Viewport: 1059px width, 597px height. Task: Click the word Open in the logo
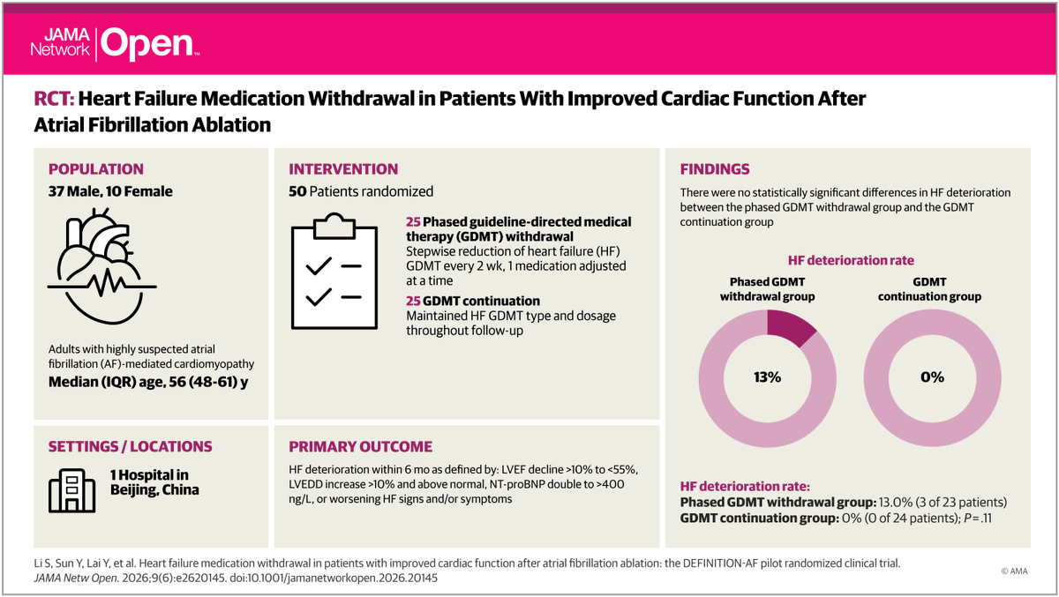coord(147,44)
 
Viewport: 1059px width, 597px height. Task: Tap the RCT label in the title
coord(54,99)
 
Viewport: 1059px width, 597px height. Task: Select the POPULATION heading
coord(96,169)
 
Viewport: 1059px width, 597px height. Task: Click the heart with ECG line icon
coord(102,266)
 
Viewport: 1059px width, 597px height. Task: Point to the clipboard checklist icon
coord(334,271)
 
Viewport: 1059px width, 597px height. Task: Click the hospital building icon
coord(71,490)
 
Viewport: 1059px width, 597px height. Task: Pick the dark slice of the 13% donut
coord(789,327)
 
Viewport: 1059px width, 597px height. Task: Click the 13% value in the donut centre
coord(767,377)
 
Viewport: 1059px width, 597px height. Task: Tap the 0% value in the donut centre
coord(932,377)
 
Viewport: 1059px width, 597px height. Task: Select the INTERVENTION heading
coord(343,169)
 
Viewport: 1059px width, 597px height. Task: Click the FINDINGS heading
coord(715,169)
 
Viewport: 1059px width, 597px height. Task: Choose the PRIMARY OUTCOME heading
coord(361,447)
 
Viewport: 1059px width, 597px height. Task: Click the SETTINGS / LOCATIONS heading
coord(131,447)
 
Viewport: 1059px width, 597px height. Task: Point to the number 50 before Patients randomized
coord(297,191)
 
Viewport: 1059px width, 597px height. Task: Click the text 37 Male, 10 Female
coord(110,191)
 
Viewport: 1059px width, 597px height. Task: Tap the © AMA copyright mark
coord(1015,571)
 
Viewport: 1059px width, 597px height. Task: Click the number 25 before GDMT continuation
coord(413,301)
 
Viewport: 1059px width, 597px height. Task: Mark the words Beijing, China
coord(154,489)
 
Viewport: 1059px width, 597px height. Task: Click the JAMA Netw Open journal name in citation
coord(76,578)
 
